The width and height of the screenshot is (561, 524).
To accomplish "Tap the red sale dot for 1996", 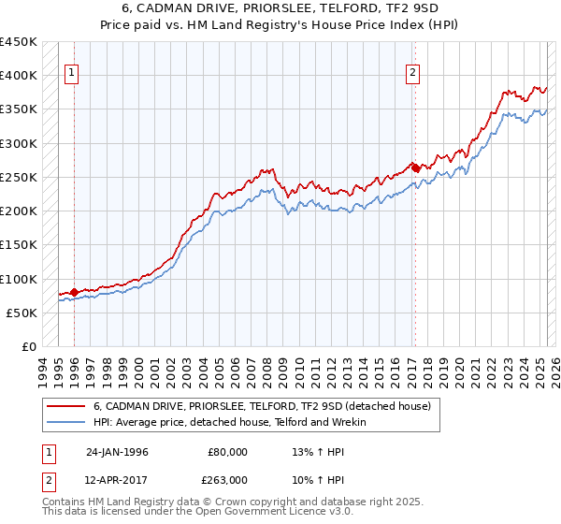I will (74, 292).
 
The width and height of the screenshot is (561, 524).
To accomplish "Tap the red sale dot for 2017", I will (415, 168).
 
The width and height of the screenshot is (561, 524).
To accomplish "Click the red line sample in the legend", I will (65, 406).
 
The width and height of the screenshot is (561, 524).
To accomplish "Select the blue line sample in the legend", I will (65, 422).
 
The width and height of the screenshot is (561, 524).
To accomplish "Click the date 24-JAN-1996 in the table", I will (117, 452).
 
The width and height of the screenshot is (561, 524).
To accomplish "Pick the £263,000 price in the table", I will (227, 478).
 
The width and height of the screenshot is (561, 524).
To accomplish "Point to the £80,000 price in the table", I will (227, 452).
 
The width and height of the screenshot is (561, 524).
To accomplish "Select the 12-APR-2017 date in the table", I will (117, 478).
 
